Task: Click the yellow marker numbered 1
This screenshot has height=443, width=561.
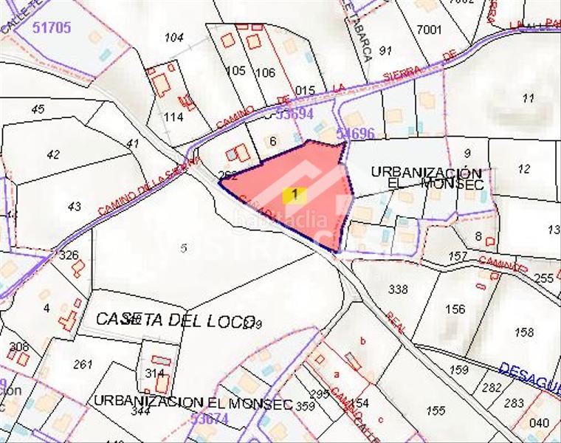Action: pyautogui.click(x=295, y=195)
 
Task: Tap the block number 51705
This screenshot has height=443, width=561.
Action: pyautogui.click(x=52, y=28)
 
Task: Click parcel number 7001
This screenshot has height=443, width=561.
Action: pyautogui.click(x=429, y=30)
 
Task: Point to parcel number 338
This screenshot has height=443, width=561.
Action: pyautogui.click(x=398, y=289)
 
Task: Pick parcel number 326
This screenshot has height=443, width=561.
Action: pyautogui.click(x=68, y=255)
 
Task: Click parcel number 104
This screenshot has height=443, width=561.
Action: pyautogui.click(x=174, y=37)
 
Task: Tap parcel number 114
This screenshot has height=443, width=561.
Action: pyautogui.click(x=173, y=117)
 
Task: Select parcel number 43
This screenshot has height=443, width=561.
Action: pyautogui.click(x=74, y=207)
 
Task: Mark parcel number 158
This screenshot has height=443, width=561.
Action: pyautogui.click(x=524, y=332)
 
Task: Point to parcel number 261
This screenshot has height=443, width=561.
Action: pyautogui.click(x=83, y=363)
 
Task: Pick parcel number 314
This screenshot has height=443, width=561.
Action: pyautogui.click(x=154, y=373)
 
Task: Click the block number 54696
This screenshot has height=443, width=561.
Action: pyautogui.click(x=355, y=134)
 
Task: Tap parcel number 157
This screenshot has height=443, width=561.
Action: pyautogui.click(x=458, y=256)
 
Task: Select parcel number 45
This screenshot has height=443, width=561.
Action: pyautogui.click(x=38, y=109)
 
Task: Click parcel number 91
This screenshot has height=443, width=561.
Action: pyautogui.click(x=385, y=50)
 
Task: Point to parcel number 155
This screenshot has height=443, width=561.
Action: pyautogui.click(x=436, y=411)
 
